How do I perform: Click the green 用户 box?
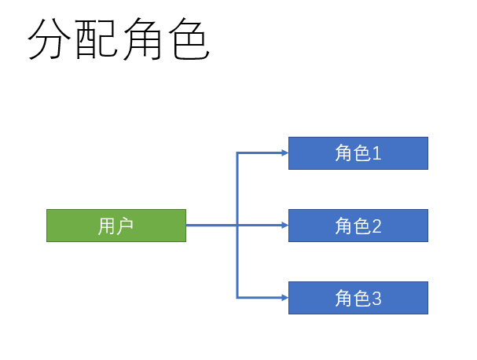[116, 226]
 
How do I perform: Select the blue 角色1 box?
[358, 153]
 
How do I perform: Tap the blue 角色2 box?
[358, 226]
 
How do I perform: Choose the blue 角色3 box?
[358, 298]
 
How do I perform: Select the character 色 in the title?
[188, 40]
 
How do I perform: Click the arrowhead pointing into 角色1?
[284, 153]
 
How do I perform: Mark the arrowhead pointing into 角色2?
[284, 226]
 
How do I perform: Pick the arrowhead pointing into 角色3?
[284, 298]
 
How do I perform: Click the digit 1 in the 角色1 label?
[376, 153]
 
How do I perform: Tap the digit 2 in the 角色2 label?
[376, 226]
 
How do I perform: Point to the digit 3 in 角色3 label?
[376, 299]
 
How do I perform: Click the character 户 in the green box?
[125, 226]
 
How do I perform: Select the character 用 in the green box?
[107, 226]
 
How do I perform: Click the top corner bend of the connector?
[237, 153]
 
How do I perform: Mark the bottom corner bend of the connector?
[237, 298]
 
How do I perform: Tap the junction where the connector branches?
[237, 226]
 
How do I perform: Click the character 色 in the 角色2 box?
[361, 226]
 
